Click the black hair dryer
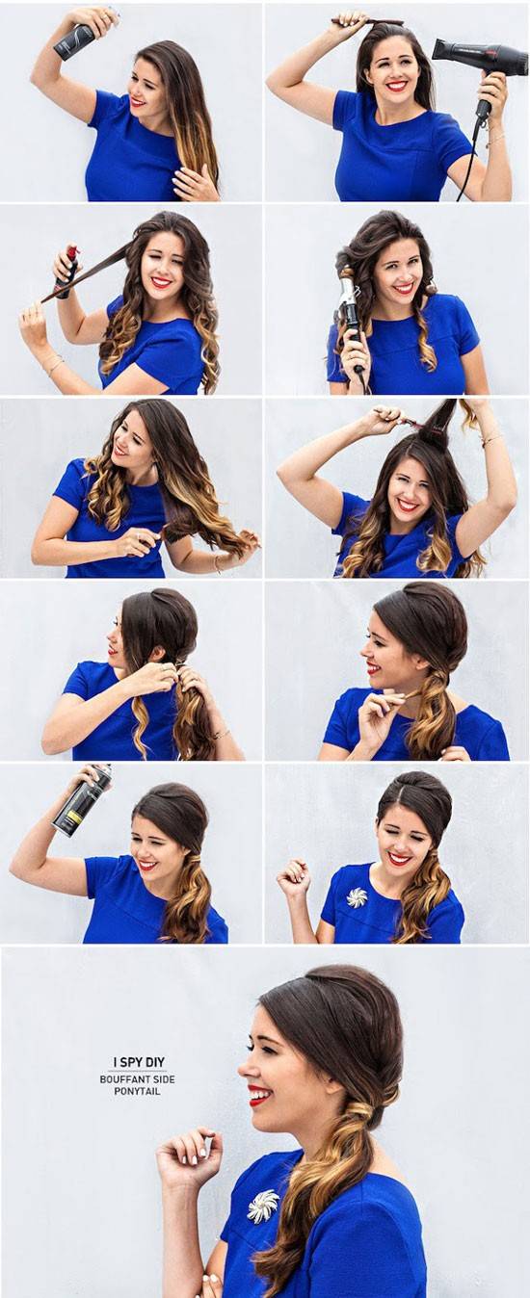[469, 61]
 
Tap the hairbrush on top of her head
[366, 21]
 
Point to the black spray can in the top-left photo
[75, 40]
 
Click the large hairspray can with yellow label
[82, 801]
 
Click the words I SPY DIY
[139, 1062]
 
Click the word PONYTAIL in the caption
[137, 1091]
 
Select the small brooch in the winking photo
[357, 897]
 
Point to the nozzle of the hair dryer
[440, 48]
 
